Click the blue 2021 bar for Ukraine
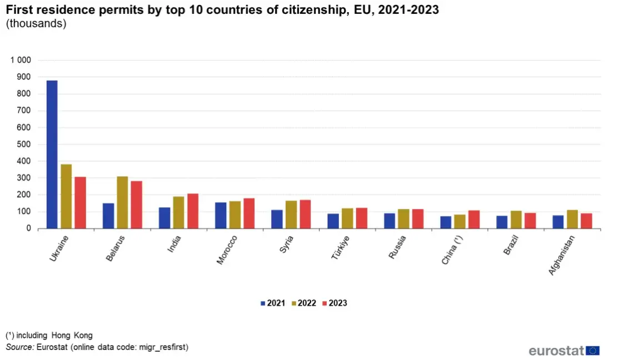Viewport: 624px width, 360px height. [52, 154]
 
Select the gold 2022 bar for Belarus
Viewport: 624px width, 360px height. [122, 202]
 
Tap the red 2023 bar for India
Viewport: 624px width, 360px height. [193, 211]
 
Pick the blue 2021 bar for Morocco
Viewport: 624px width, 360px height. [221, 216]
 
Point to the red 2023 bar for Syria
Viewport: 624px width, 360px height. [305, 214]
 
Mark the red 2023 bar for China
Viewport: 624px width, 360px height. [474, 219]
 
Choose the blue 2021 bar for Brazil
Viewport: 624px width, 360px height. [502, 222]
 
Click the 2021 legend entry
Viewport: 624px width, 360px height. [273, 303]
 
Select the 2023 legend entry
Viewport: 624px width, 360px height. [335, 303]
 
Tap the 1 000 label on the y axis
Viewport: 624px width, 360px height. [21, 60]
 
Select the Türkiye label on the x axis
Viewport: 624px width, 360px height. [340, 247]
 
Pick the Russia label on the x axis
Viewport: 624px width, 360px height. [397, 247]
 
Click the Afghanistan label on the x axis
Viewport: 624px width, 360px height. [562, 255]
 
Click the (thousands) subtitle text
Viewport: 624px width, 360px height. [36, 23]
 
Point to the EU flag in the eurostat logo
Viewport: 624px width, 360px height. [592, 351]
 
